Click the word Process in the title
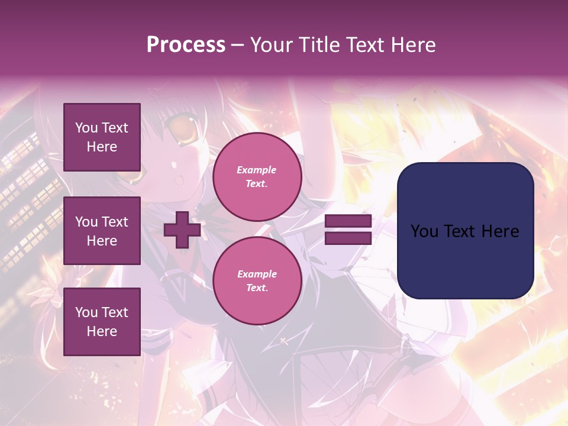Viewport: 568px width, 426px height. pos(186,45)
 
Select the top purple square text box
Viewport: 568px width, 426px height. pos(102,137)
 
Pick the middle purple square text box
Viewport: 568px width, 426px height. pos(102,231)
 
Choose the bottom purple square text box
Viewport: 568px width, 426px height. pos(102,322)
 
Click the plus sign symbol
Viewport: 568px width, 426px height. pos(182,230)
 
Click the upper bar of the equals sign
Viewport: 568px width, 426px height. pos(348,221)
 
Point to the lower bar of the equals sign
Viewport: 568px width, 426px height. pos(348,238)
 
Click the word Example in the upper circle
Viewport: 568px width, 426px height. pos(257,170)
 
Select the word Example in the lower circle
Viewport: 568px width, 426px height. pos(257,274)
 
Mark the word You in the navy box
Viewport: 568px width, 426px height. pos(424,231)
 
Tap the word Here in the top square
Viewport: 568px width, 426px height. pos(102,147)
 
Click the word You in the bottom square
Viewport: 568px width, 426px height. pos(86,312)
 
